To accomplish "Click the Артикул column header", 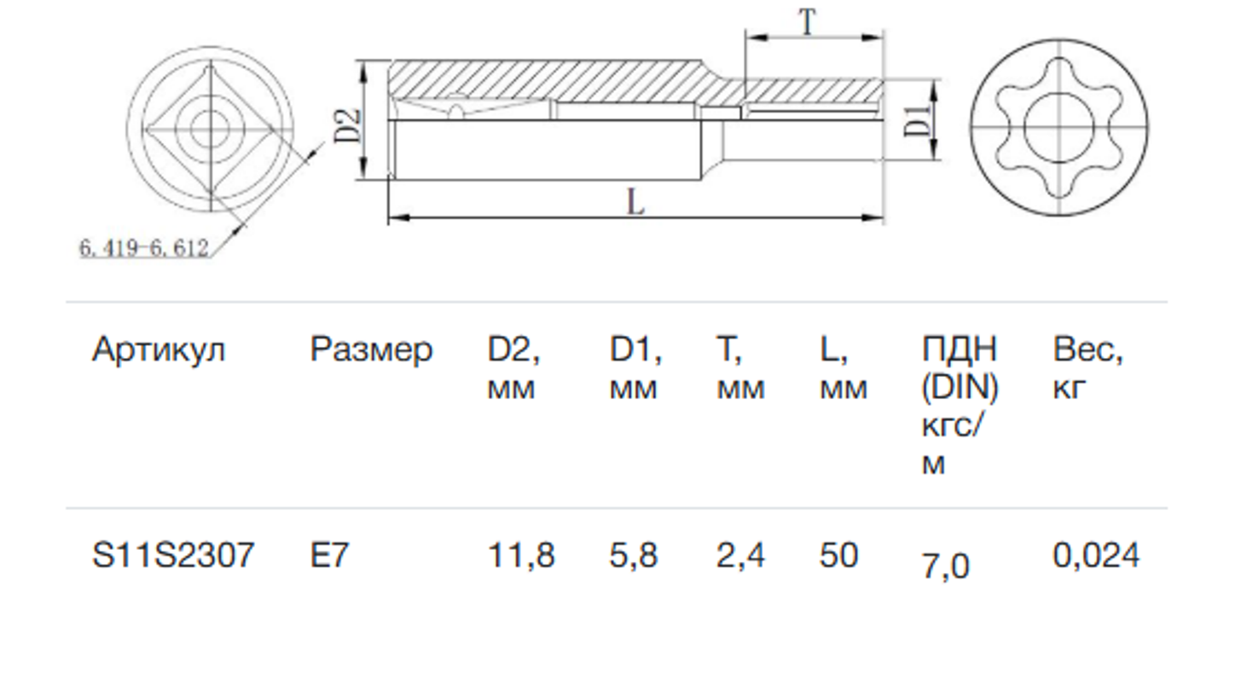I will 159,350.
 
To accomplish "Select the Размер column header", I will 371,350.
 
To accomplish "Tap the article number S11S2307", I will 173,556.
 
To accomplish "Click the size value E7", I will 329,556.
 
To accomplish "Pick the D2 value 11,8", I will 521,556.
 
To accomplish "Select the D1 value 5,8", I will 634,556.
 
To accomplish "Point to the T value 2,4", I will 740,556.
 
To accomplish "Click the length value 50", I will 838,556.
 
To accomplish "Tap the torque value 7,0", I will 945,566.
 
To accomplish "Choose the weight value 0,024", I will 1096,556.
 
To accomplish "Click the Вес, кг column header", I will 1088,368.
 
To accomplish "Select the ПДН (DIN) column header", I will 960,406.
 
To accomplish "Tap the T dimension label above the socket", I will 807,23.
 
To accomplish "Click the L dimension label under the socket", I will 635,202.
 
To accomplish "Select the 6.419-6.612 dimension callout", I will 144,248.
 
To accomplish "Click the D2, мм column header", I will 514,368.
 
